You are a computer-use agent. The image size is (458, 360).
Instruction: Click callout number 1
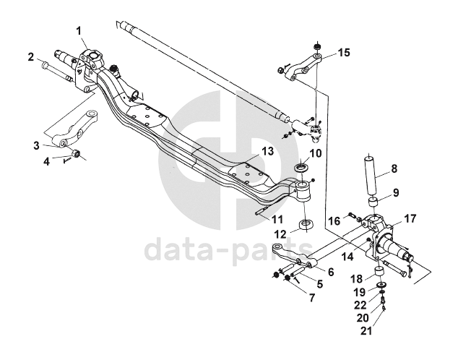point(79,30)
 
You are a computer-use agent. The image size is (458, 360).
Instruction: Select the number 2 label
point(31,56)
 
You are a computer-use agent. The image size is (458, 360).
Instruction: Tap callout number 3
point(35,146)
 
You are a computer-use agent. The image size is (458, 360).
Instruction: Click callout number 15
point(343,52)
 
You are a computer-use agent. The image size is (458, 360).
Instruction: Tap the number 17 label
point(410,217)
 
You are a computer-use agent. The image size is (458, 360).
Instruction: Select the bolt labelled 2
point(56,70)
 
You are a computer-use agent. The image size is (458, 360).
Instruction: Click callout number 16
point(334,220)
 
